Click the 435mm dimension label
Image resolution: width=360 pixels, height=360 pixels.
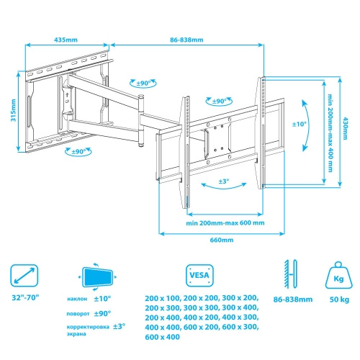(66, 40)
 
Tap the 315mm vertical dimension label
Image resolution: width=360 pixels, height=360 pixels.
(14, 110)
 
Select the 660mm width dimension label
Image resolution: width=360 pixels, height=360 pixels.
(222, 240)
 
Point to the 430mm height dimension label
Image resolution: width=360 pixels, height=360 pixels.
(345, 128)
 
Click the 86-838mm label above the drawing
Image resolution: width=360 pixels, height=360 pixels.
(186, 40)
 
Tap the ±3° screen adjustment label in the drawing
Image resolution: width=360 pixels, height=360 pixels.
(224, 181)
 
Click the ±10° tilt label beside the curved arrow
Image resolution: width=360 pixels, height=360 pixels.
(300, 124)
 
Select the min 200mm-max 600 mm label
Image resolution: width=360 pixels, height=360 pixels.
(225, 223)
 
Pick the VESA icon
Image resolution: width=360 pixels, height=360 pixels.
(199, 276)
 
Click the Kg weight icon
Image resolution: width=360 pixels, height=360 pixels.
(339, 275)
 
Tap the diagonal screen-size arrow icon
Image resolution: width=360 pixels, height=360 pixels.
(24, 276)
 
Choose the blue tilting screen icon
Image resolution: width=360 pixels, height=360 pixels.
(97, 277)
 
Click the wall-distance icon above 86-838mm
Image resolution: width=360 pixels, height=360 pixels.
(291, 274)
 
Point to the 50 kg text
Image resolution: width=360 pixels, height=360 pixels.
(339, 300)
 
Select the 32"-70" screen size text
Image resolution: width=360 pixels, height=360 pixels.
(25, 297)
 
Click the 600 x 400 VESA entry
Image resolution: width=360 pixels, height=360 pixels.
(162, 337)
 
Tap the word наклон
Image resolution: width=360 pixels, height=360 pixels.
(77, 299)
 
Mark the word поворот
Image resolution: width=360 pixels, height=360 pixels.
(78, 314)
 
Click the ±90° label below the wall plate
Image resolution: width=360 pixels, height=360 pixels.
(78, 152)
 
